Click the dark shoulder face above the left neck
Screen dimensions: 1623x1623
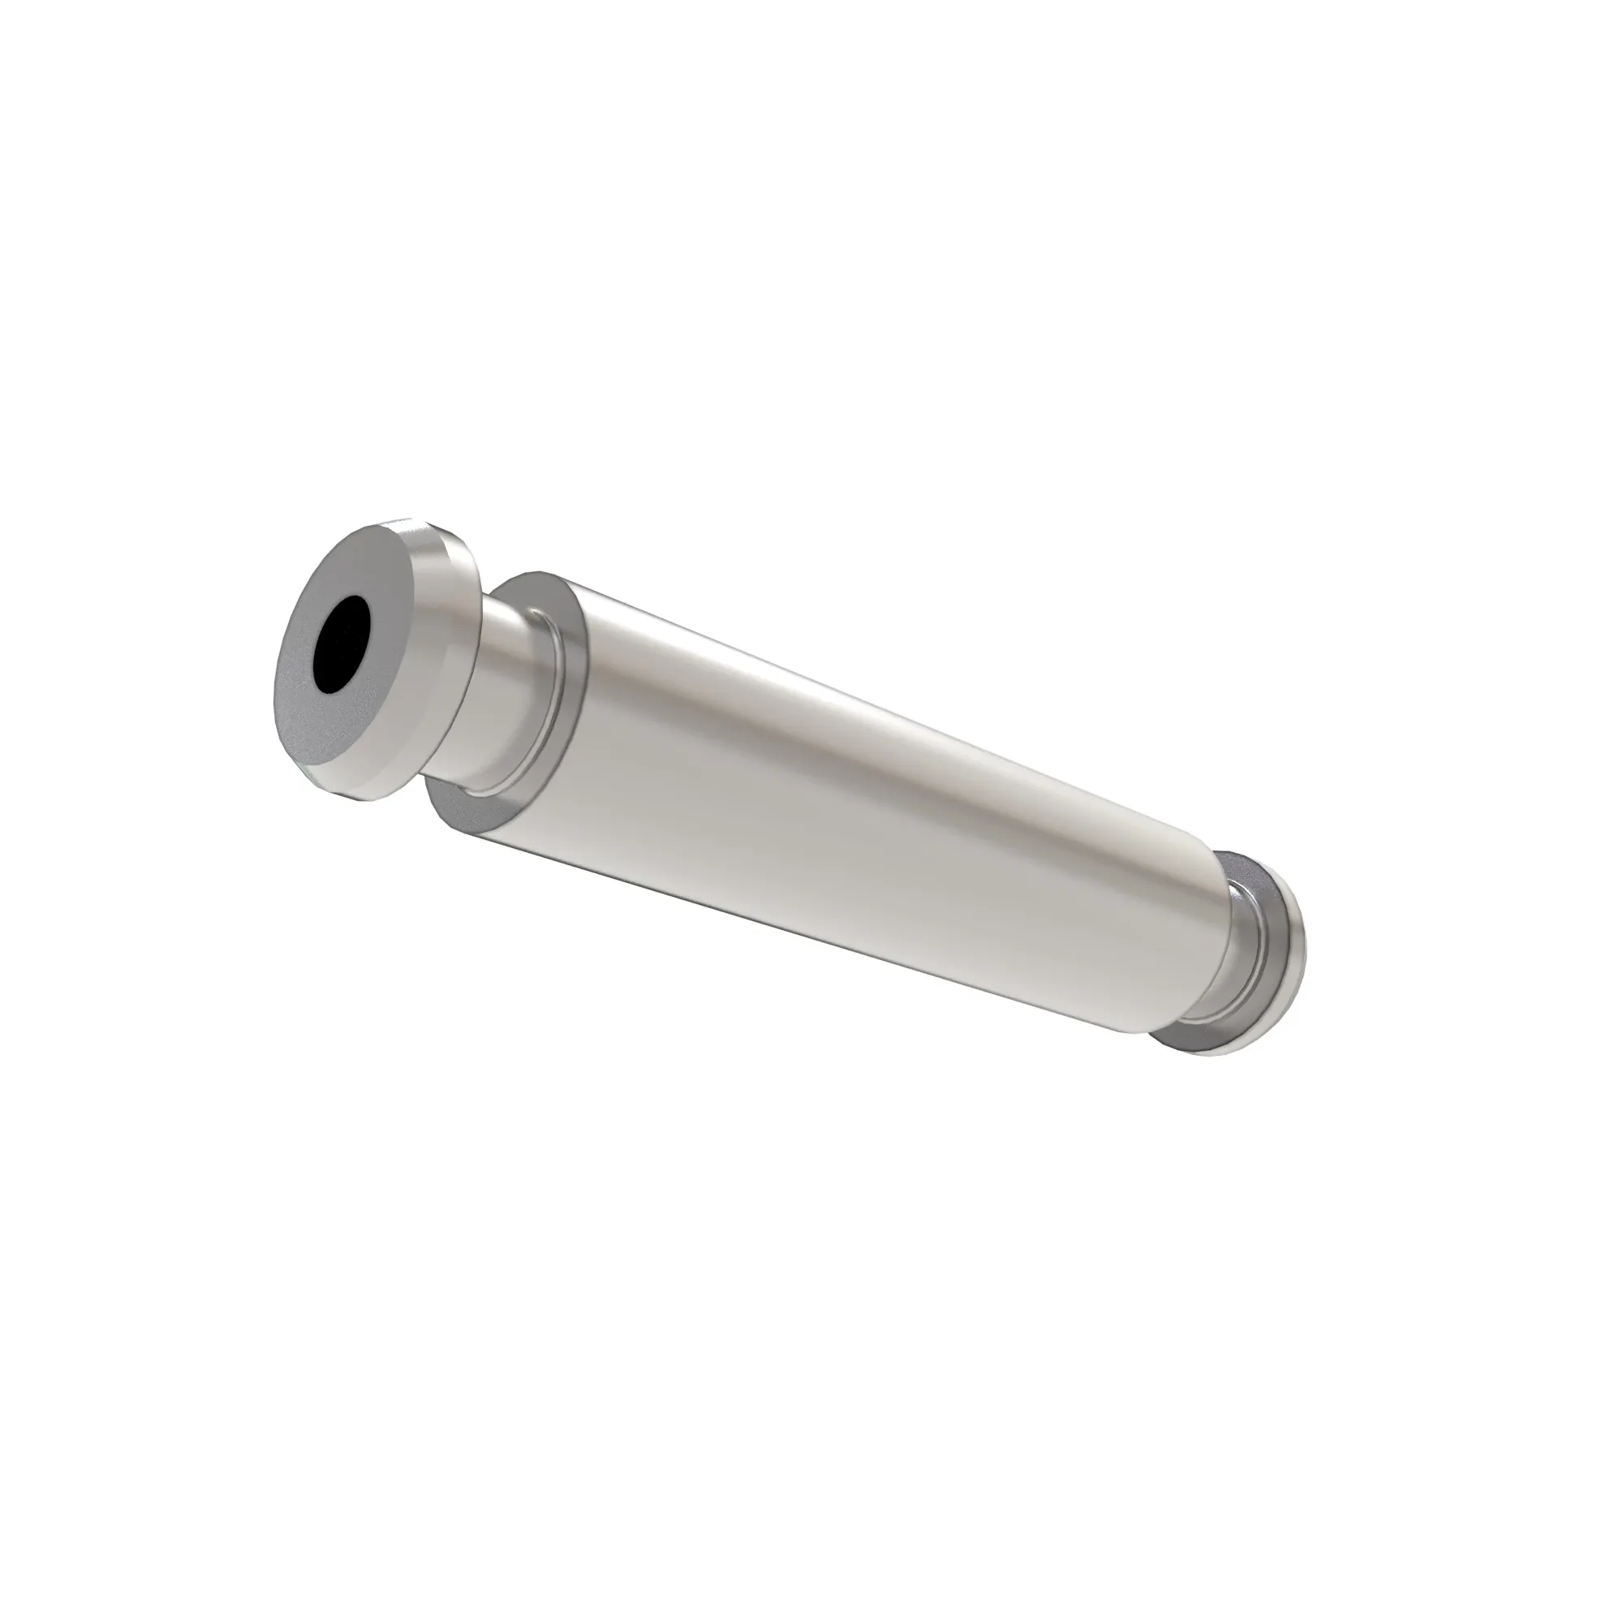(x=538, y=588)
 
